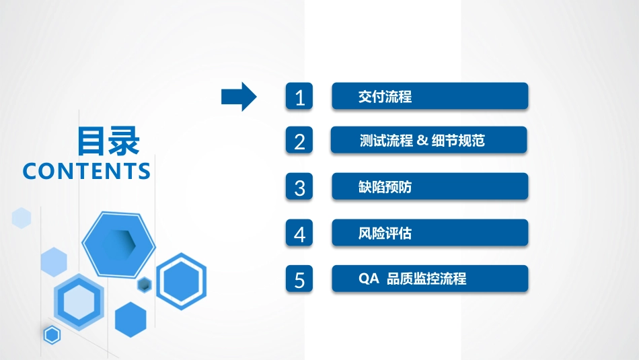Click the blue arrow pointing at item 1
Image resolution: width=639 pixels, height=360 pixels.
239,97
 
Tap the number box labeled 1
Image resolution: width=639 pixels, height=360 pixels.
300,97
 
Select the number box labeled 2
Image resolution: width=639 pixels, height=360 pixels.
300,141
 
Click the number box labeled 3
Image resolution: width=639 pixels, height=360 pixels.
300,187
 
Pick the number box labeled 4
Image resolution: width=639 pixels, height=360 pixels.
300,233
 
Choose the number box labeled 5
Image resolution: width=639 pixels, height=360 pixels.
300,279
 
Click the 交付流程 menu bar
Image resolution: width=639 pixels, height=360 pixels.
430,96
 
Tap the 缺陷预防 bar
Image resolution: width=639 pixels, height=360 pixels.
430,186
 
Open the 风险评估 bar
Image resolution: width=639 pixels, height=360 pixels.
430,233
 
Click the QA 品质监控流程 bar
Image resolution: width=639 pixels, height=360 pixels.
430,279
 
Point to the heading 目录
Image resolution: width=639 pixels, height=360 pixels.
108,142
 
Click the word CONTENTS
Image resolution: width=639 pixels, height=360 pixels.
87,171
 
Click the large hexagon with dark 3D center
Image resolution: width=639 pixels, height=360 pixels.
119,244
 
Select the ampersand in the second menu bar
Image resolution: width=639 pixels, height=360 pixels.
422,141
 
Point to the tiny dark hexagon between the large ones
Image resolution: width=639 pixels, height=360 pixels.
144,285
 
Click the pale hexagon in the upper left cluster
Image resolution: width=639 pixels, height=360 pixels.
22,218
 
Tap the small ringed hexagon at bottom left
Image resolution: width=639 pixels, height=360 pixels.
52,334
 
